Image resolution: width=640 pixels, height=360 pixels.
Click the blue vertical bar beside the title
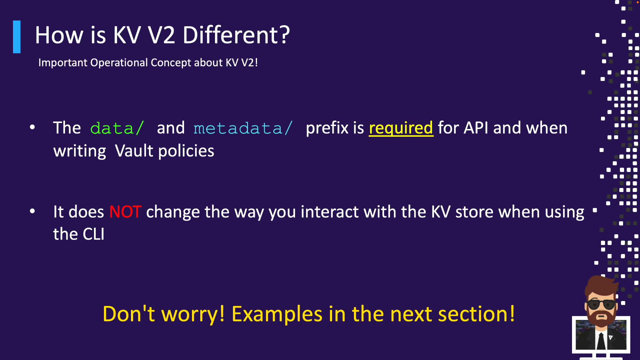tap(17, 37)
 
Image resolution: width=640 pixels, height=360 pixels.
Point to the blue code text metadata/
tap(243, 128)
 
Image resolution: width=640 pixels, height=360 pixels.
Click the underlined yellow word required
tap(401, 129)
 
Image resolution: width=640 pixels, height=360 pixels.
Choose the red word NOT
tap(125, 212)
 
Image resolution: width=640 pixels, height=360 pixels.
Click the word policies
tap(186, 151)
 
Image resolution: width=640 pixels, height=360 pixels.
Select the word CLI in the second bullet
tap(93, 234)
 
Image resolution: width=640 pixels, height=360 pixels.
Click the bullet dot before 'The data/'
tap(32, 127)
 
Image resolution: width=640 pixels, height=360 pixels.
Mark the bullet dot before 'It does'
tap(32, 211)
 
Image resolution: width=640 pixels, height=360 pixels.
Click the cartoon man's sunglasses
tap(602, 304)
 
